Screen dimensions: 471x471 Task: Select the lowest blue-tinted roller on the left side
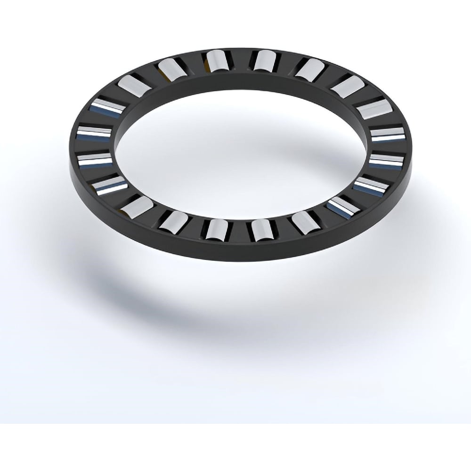(x=110, y=186)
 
